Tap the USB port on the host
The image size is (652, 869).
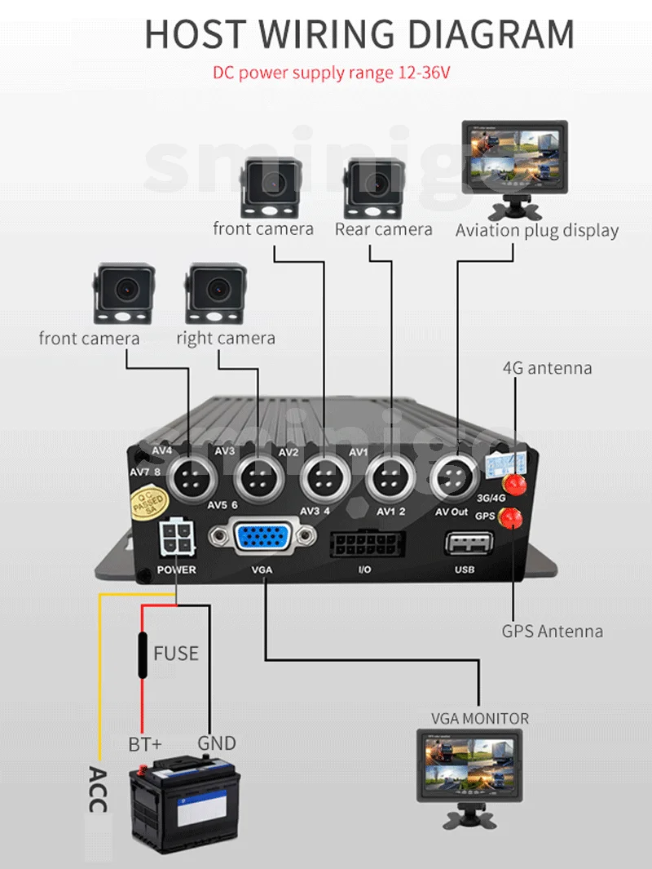pos(469,544)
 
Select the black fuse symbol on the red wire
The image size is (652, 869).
pos(143,654)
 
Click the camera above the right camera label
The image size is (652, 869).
pos(215,293)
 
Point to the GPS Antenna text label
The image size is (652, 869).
pos(552,631)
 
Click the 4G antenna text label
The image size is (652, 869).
pos(547,368)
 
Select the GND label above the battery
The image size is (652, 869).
pos(217,743)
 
